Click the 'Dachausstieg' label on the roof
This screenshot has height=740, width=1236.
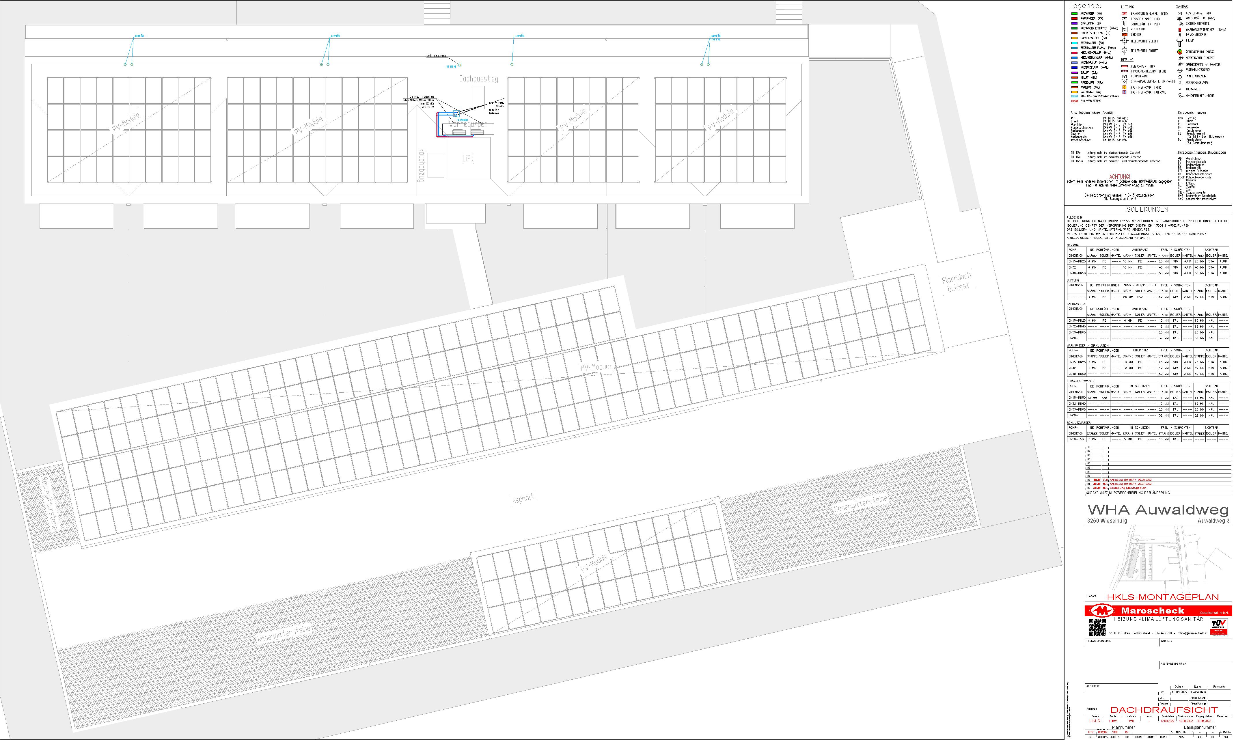478,79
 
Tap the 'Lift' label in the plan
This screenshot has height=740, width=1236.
468,159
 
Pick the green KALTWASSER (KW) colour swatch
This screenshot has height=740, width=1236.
1074,14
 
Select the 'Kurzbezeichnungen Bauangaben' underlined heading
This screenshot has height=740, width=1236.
1202,152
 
